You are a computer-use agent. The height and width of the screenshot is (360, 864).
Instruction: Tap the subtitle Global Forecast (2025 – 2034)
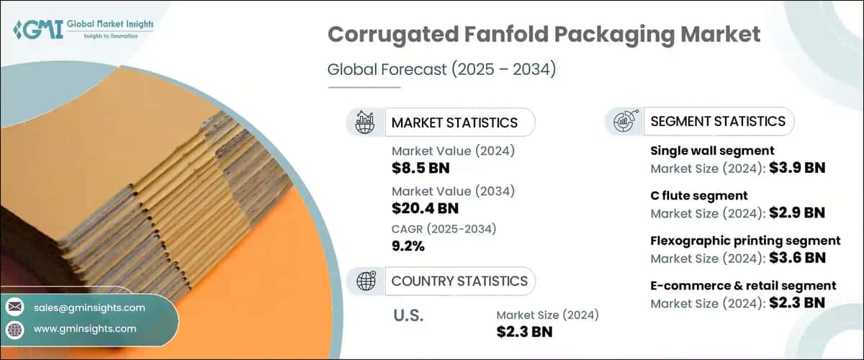coord(432,70)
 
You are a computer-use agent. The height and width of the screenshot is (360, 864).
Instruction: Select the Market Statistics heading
coord(454,122)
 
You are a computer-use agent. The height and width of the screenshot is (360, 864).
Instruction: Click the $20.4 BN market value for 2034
coord(426,208)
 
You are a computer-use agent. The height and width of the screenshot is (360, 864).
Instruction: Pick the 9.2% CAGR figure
coord(408,246)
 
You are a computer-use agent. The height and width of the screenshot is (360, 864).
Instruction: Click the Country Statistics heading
coord(459,281)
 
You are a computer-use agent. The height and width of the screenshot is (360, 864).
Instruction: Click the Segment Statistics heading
coord(717,121)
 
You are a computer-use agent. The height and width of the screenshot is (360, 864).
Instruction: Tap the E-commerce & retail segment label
coord(743,285)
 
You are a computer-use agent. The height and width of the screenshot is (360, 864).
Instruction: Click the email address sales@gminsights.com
coord(89,307)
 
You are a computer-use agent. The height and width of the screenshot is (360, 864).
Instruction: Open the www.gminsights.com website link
coord(84,328)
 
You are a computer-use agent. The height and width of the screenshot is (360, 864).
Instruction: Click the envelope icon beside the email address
coord(14,307)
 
